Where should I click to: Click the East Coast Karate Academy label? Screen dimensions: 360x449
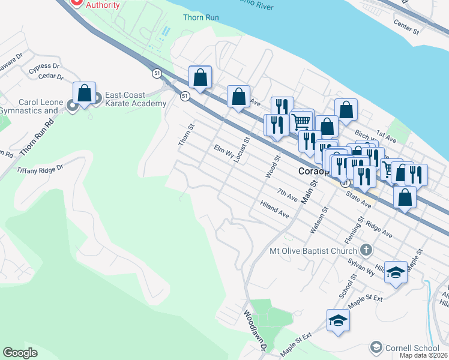pos(135,99)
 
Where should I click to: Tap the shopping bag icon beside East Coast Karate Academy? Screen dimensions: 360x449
pos(85,94)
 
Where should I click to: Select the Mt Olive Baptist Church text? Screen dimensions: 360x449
pos(313,250)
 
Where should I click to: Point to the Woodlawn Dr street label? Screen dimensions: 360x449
pos(255,331)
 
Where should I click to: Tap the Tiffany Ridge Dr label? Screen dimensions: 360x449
pos(40,169)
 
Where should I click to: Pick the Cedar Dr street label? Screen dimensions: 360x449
pos(51,76)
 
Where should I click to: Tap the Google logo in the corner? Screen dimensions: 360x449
pos(20,352)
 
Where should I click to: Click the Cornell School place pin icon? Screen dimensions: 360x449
pos(376,347)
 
